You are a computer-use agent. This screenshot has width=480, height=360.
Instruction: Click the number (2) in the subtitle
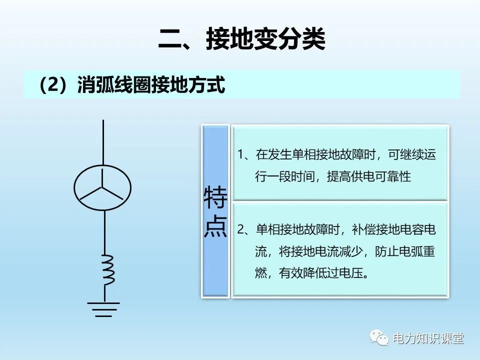click(53, 85)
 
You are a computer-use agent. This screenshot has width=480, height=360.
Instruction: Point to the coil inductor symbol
click(107, 269)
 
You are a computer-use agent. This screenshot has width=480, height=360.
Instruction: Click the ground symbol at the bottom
click(103, 309)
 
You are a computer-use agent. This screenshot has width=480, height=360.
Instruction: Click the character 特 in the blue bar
click(215, 199)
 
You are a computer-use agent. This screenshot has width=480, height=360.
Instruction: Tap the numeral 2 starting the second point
click(241, 230)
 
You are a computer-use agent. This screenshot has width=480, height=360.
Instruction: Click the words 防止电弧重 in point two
click(405, 251)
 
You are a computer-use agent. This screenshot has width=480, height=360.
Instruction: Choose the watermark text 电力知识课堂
click(428, 338)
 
